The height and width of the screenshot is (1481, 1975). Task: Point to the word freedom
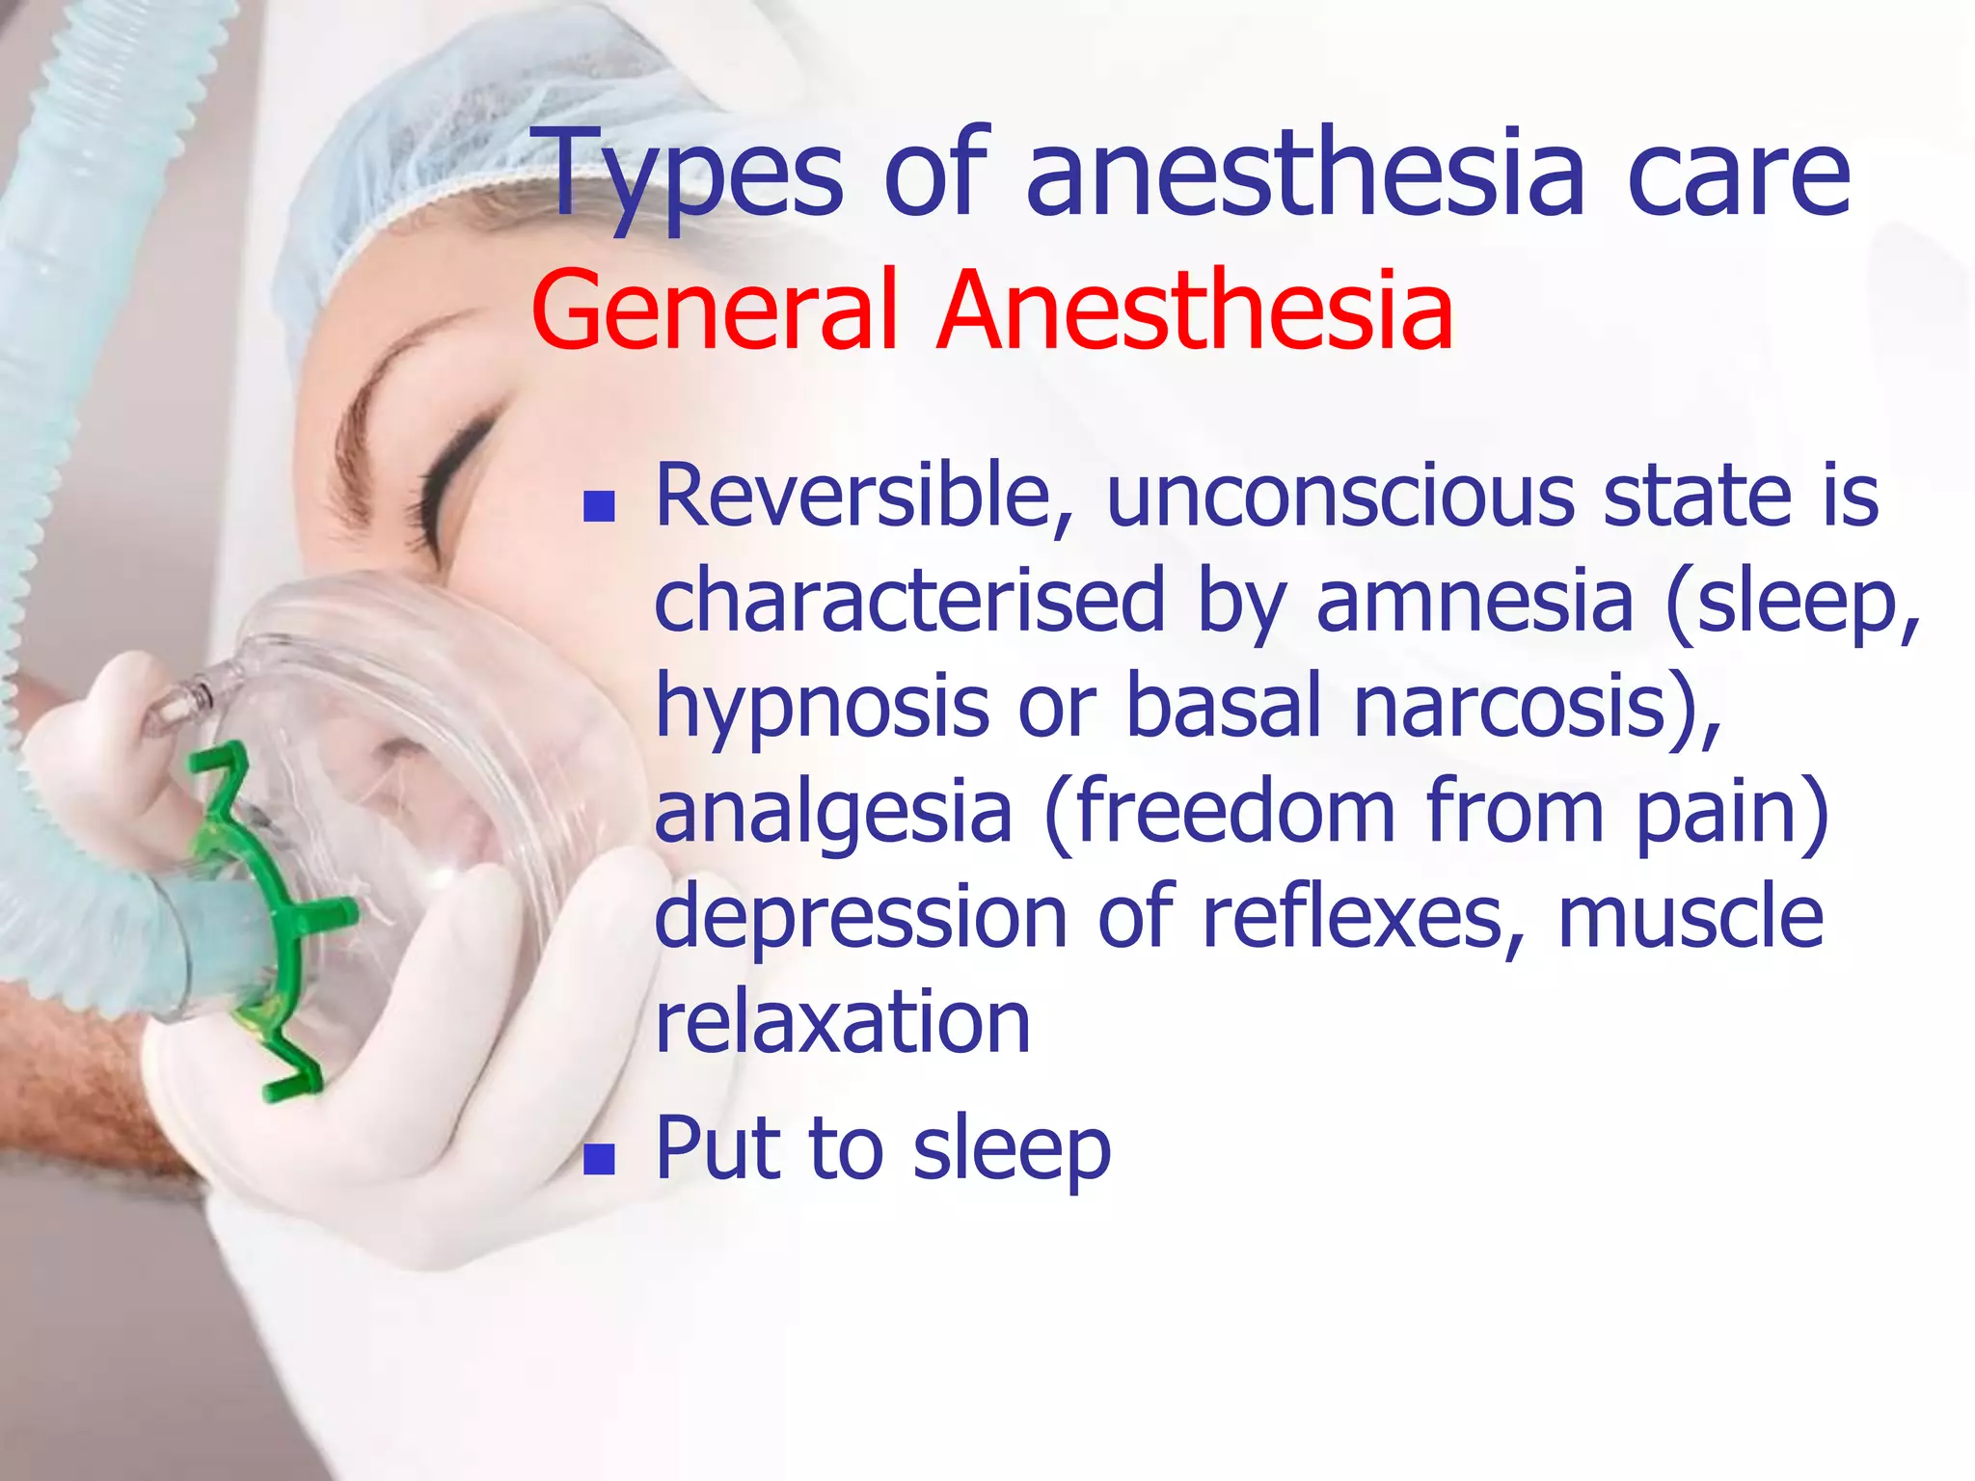click(1234, 812)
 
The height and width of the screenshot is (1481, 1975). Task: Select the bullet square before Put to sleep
click(599, 1160)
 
